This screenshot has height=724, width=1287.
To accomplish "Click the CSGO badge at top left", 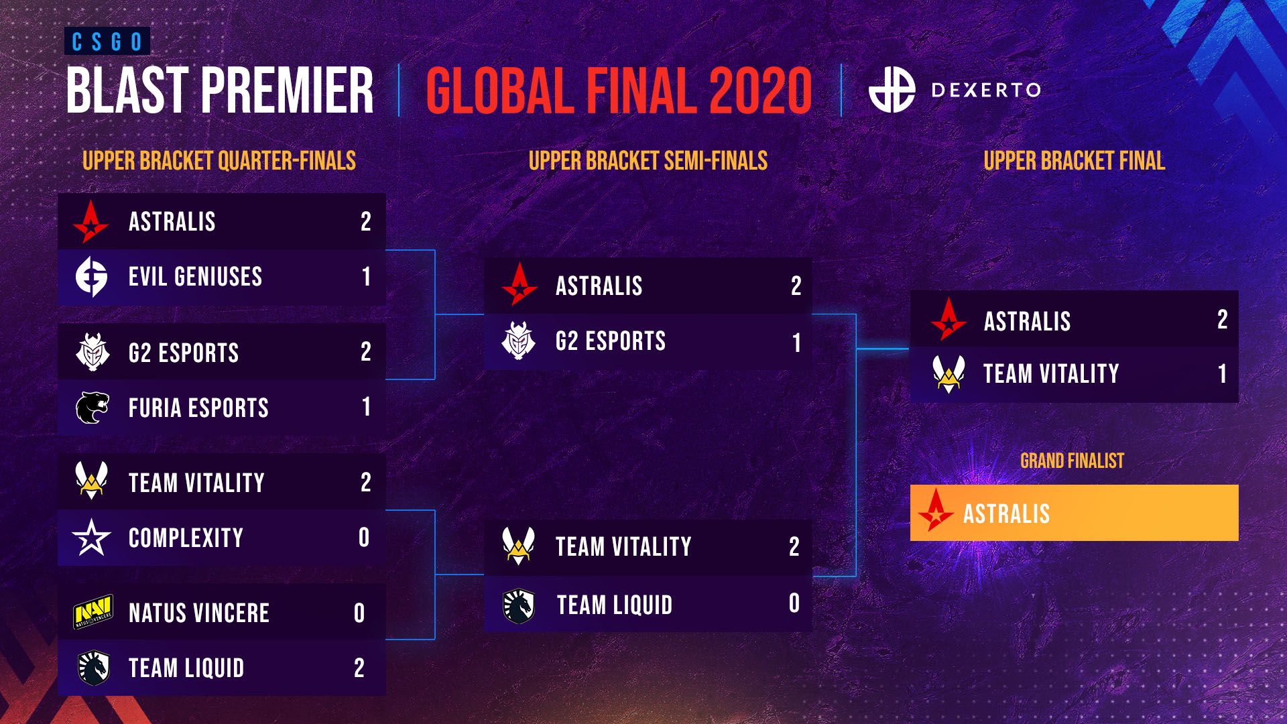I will (x=107, y=42).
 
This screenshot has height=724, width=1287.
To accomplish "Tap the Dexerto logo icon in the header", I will (x=892, y=90).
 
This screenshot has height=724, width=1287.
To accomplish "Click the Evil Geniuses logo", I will (x=91, y=276).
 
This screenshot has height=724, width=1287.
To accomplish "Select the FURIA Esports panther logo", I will (x=92, y=408).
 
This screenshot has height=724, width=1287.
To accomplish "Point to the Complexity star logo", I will (x=91, y=538).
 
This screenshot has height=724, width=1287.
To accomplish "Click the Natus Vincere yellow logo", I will (x=93, y=613).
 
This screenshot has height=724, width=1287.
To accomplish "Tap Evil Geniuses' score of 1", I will (x=366, y=277).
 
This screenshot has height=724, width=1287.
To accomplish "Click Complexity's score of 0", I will (x=364, y=538).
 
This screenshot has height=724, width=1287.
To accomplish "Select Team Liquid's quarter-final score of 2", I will (x=359, y=668).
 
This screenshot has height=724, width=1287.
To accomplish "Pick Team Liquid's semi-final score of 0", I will (x=794, y=603).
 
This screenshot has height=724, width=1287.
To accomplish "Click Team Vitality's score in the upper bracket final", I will (x=1222, y=374).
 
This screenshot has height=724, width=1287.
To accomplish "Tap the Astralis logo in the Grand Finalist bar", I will (x=936, y=513).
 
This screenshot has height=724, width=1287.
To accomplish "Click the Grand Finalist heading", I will (x=1072, y=461).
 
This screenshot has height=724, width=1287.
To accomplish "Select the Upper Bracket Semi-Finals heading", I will (x=648, y=161).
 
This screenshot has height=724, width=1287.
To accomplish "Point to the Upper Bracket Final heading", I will (x=1074, y=161).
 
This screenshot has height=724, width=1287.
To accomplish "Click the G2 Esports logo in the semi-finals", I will (x=519, y=341).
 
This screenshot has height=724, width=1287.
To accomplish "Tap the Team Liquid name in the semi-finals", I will (x=614, y=605).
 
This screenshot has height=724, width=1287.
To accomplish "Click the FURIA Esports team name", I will (x=198, y=408).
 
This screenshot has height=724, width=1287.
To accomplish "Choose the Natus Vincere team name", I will (x=199, y=613).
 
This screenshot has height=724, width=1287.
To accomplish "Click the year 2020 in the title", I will (x=759, y=91).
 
